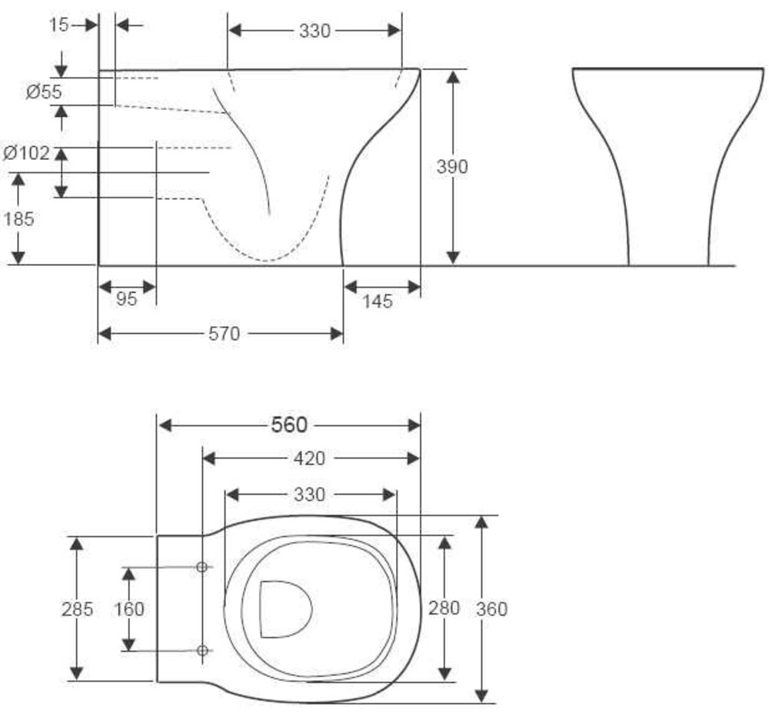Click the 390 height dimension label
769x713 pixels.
451,167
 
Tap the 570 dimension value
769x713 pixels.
224,334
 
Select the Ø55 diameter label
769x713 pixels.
44,92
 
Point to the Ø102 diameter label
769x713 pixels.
26,153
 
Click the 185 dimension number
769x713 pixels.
19,218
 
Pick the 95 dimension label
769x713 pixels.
127,299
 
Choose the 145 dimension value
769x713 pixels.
378,301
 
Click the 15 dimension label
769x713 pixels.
59,25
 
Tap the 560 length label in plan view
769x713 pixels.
289,425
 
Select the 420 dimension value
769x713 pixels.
309,458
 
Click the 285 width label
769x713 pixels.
77,609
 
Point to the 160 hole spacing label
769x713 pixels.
129,609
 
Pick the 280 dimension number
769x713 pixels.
444,608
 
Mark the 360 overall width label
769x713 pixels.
492,609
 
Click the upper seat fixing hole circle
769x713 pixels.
201,568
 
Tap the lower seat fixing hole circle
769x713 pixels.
201,651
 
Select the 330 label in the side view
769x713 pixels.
315,31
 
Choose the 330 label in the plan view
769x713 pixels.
309,495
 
